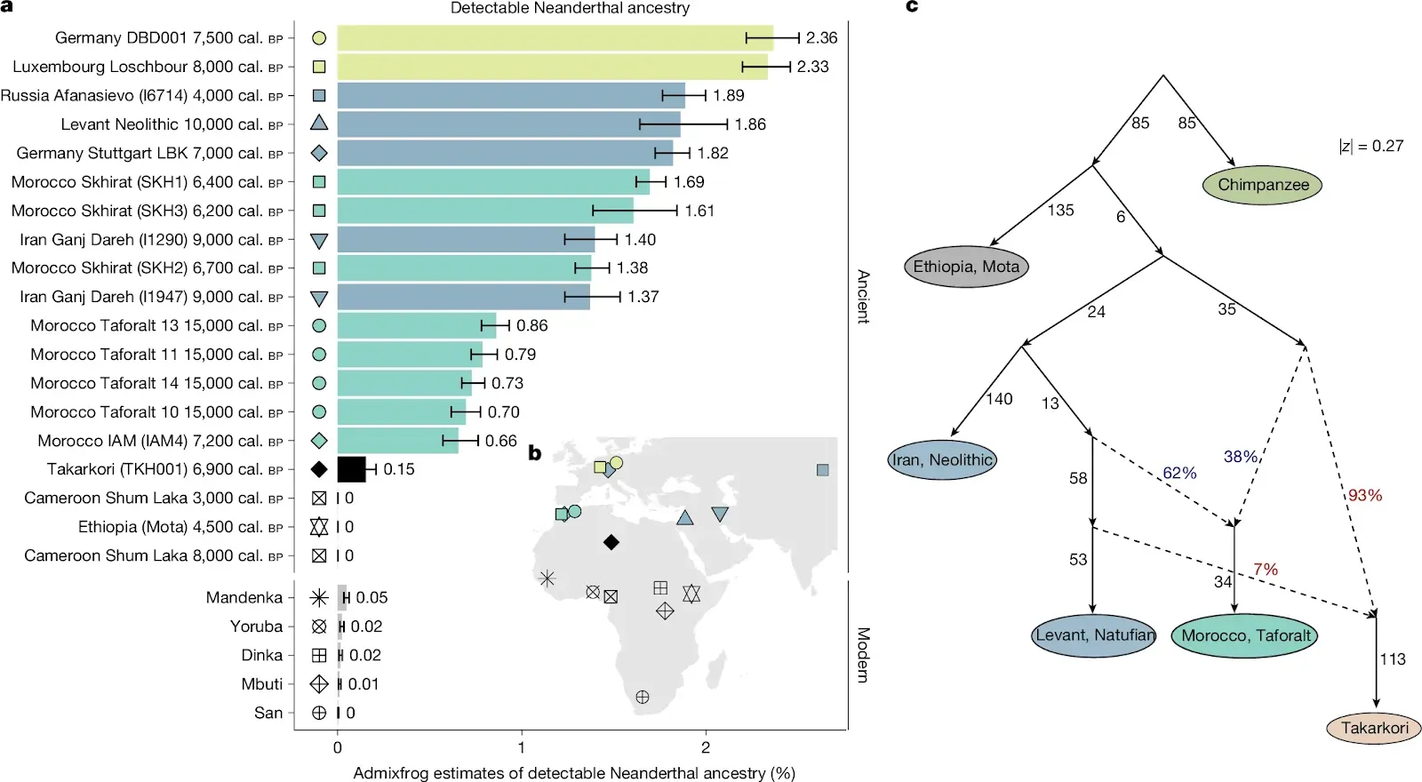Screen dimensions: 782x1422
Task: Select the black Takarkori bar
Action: click(x=352, y=469)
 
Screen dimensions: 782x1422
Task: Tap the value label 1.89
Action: click(x=729, y=96)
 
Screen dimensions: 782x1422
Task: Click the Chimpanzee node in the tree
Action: click(x=1262, y=185)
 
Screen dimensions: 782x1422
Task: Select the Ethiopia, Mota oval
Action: click(x=966, y=267)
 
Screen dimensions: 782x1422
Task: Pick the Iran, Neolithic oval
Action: click(x=942, y=459)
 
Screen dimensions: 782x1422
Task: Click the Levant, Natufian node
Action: click(x=1094, y=635)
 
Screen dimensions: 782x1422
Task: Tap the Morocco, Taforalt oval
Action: click(x=1245, y=635)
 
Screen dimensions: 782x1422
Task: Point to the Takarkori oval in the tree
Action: click(x=1374, y=728)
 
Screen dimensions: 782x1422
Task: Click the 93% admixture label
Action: click(x=1365, y=496)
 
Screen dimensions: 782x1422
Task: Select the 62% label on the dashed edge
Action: click(x=1179, y=474)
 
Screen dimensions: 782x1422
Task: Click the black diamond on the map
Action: click(x=611, y=542)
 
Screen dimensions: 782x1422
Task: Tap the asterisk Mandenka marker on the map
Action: click(x=547, y=579)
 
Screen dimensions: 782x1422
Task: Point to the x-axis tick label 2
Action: click(x=706, y=747)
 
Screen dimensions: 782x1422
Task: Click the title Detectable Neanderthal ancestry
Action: click(x=570, y=8)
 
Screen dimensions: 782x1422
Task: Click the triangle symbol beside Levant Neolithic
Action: click(x=319, y=124)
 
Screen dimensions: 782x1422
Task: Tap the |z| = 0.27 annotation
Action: click(x=1371, y=146)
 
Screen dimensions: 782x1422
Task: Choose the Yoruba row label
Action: click(x=256, y=626)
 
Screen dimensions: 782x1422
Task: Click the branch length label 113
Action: click(x=1393, y=659)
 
